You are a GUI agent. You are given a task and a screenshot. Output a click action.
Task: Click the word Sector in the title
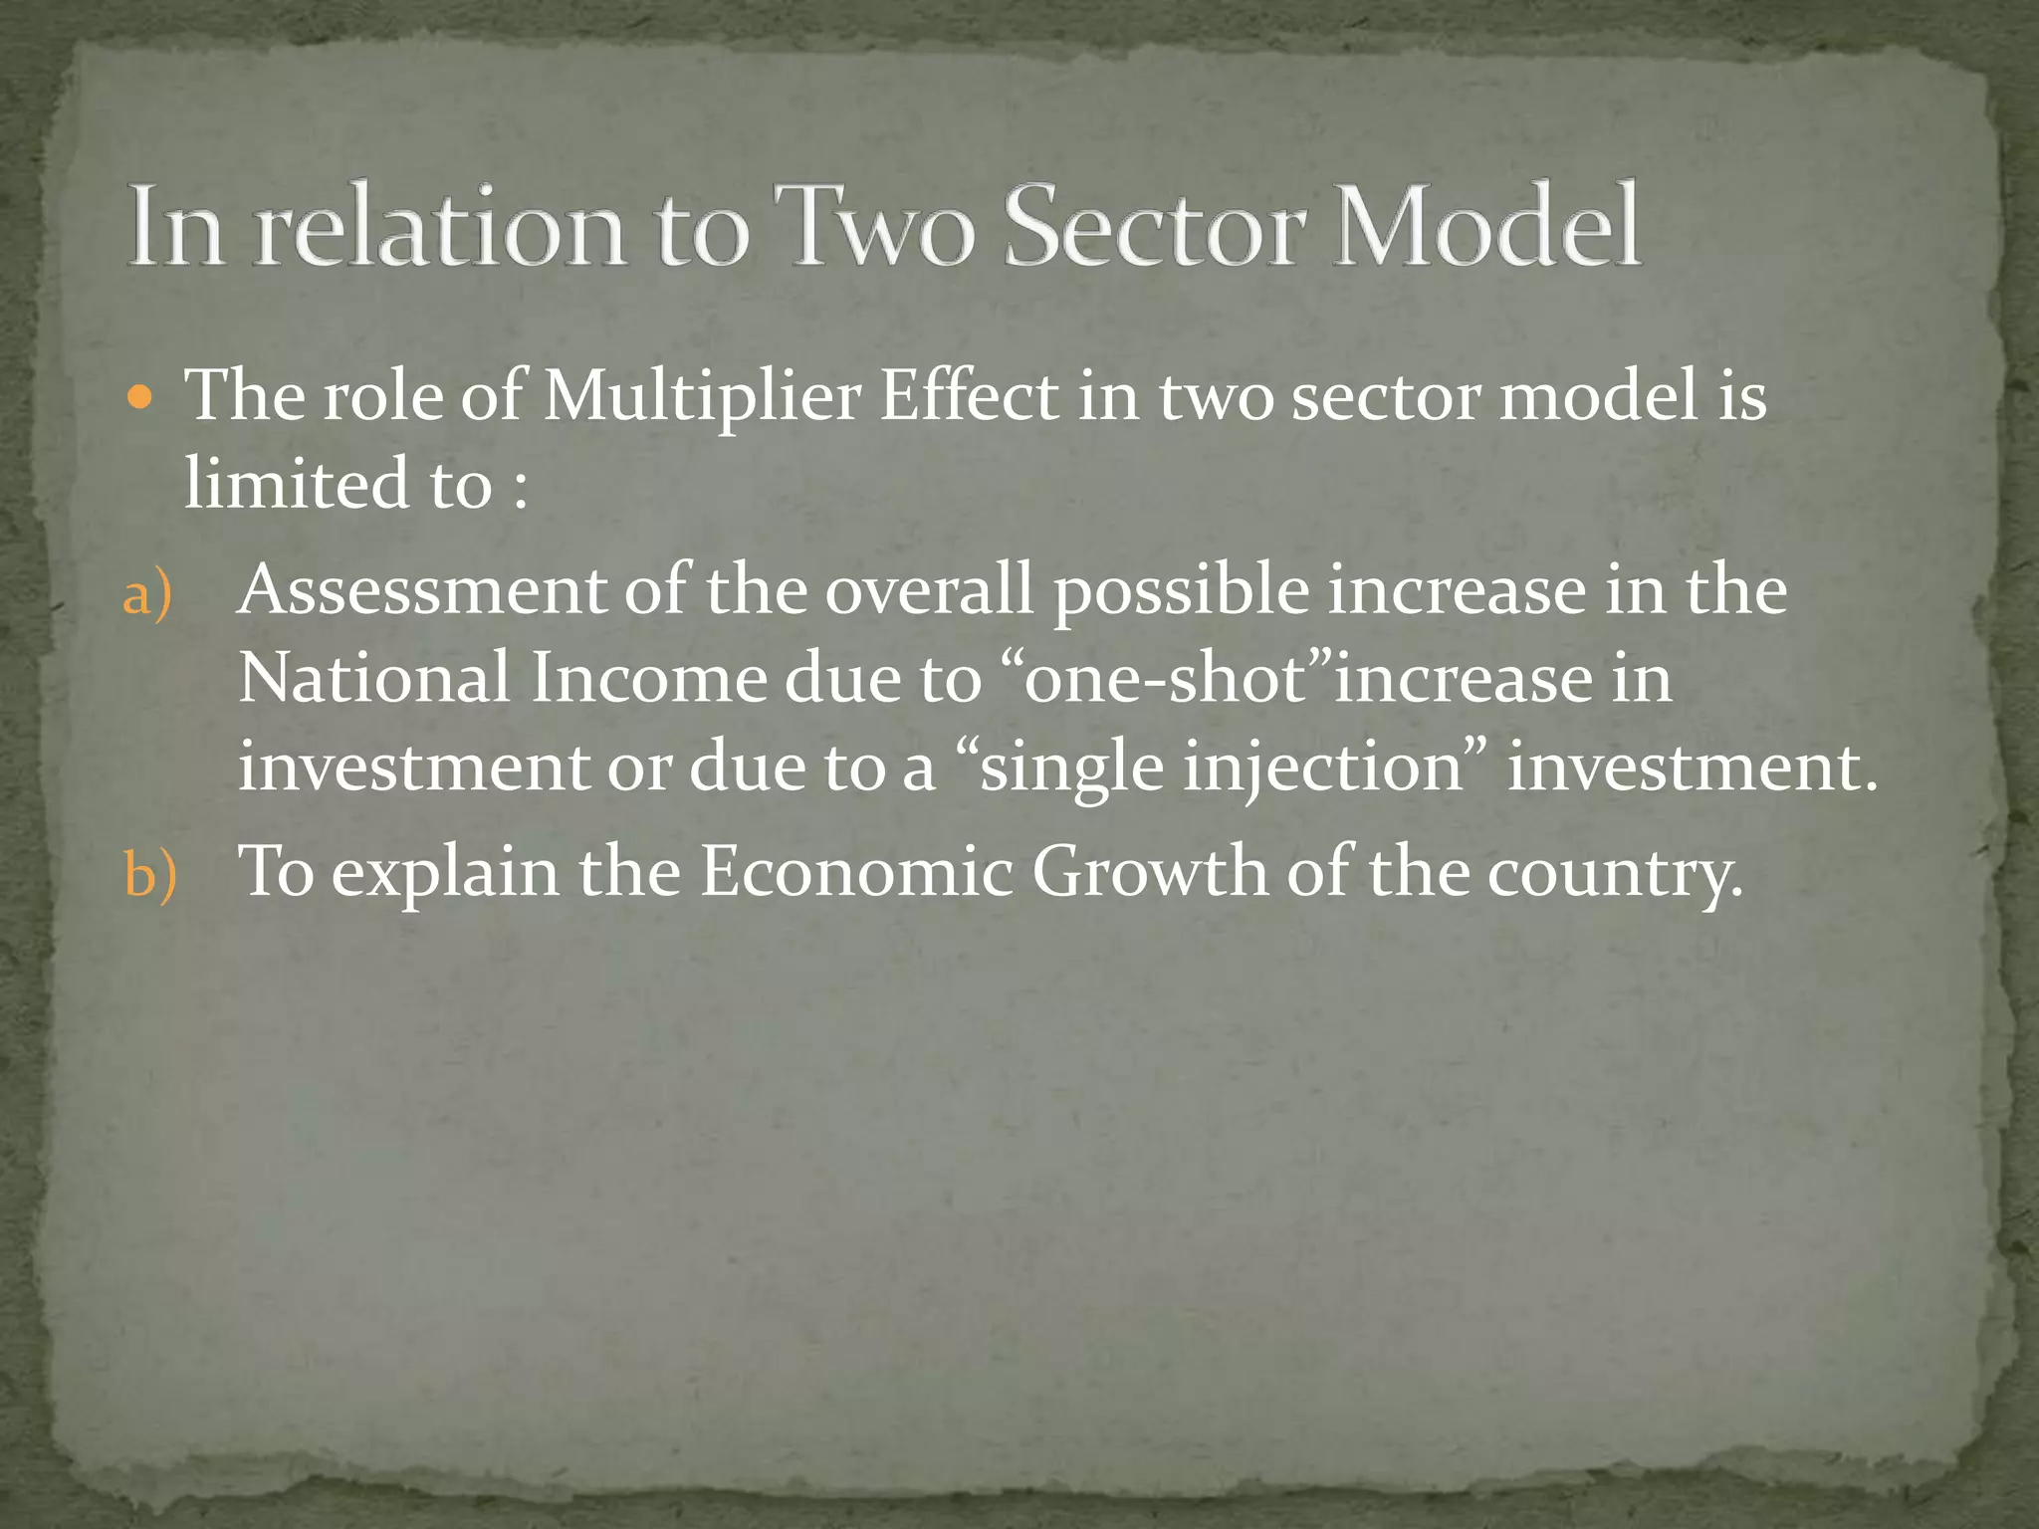tap(1152, 227)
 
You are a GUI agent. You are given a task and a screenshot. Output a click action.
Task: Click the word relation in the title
tap(439, 227)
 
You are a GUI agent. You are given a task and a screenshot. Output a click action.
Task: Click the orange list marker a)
tap(147, 594)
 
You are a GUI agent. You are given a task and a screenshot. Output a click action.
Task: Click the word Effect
tap(969, 395)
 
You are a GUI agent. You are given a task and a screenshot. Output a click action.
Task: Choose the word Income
tap(648, 678)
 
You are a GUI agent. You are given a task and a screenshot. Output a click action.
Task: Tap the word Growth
tap(1149, 872)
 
